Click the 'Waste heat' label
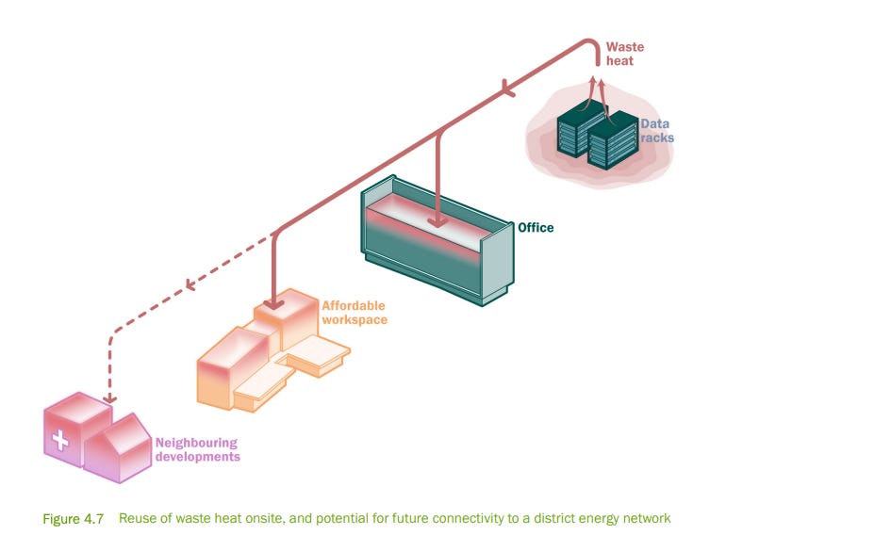(625, 54)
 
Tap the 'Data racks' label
(657, 130)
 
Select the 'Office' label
(536, 227)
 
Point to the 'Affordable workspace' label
(355, 313)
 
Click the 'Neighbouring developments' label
(198, 449)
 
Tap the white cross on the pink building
(60, 440)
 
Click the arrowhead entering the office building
(437, 222)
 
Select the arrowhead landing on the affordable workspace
(273, 303)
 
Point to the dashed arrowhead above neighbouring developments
(110, 398)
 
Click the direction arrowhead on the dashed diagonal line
(190, 284)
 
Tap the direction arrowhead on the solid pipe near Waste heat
(508, 89)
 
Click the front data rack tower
(613, 140)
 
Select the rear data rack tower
(579, 127)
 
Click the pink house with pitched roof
(118, 448)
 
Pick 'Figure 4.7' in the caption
(74, 519)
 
